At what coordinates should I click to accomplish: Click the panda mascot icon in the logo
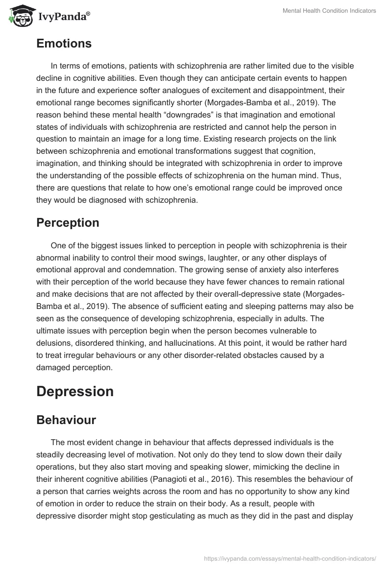(x=18, y=16)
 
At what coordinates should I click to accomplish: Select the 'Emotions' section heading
(x=64, y=44)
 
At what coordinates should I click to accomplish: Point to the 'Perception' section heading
(x=68, y=222)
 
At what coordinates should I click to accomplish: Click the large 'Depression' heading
(x=75, y=391)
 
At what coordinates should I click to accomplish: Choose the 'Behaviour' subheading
(x=66, y=420)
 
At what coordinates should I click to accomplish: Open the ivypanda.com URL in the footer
(x=290, y=558)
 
